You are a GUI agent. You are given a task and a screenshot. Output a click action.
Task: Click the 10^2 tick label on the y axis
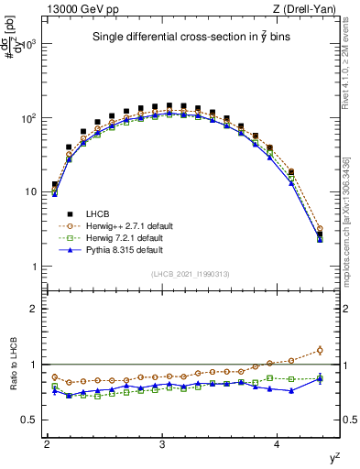[x=30, y=118]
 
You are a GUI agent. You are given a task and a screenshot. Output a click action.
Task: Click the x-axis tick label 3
[x=162, y=443]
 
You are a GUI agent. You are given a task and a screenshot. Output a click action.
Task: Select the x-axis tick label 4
[x=278, y=443]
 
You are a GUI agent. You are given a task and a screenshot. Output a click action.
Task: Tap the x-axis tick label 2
[x=47, y=443]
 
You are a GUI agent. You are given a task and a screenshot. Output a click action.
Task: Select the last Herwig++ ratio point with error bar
[x=320, y=349]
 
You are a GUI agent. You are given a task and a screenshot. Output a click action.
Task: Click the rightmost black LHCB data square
[x=320, y=234]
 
